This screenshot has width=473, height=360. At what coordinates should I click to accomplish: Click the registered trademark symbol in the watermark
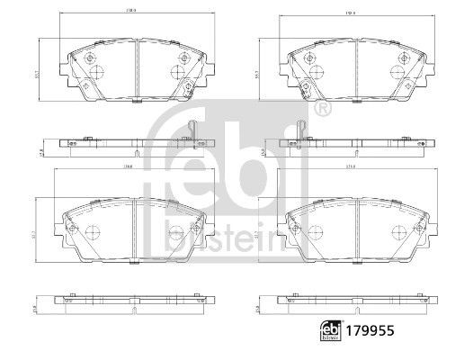[322, 109]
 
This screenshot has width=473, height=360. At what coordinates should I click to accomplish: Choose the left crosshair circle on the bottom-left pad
[94, 229]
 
